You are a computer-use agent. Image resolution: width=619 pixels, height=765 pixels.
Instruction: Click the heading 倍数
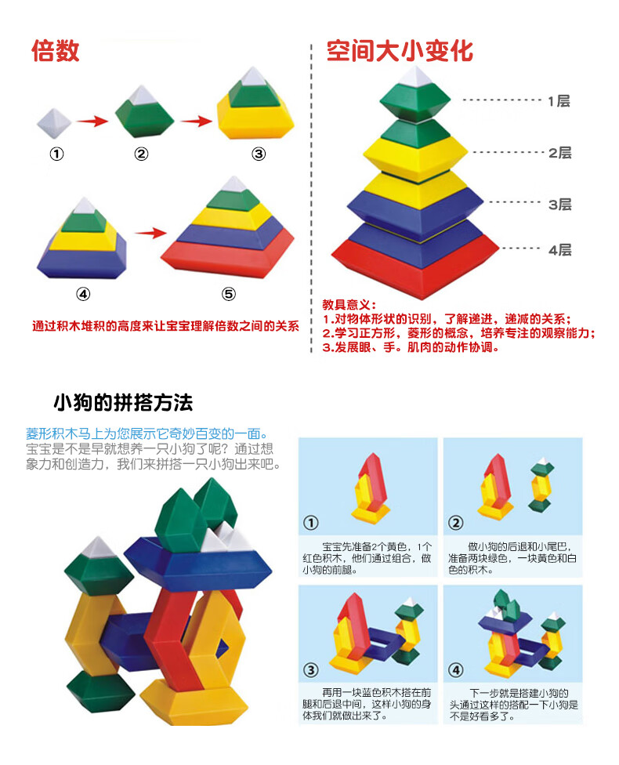55,51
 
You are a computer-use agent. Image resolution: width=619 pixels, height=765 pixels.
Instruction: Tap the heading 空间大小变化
400,51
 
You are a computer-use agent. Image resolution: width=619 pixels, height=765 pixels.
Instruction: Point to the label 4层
559,250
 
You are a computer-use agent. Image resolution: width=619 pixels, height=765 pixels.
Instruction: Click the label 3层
559,204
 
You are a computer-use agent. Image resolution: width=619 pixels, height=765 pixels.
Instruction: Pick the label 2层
559,153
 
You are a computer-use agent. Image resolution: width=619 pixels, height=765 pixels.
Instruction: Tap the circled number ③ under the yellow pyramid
259,154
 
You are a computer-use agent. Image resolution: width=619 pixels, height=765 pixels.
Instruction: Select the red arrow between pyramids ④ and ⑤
149,232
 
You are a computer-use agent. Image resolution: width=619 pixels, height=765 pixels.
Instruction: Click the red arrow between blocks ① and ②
92,121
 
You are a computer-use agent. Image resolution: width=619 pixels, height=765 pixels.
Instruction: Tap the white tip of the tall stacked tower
415,76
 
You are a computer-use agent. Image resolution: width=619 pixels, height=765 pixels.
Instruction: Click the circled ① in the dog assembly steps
311,523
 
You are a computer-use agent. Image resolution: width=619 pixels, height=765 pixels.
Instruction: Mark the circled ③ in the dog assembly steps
311,670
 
